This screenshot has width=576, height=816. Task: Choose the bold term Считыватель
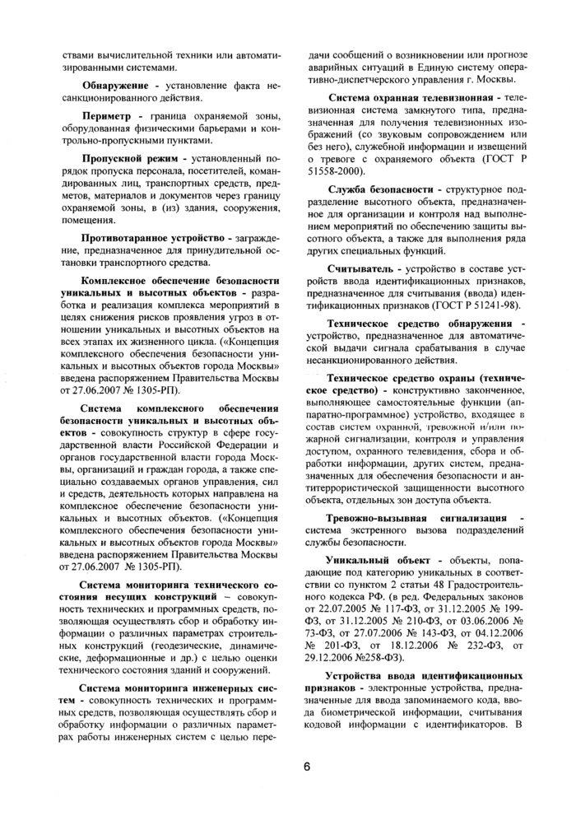pyautogui.click(x=362, y=269)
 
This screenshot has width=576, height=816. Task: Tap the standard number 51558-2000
pyautogui.click(x=335, y=170)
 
